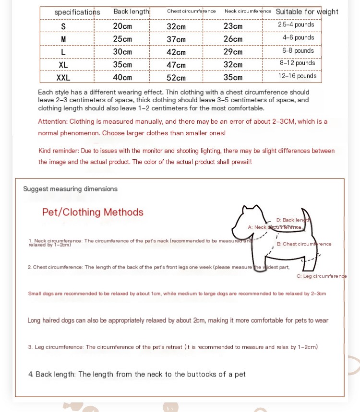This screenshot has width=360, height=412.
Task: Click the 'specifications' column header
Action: tap(77, 12)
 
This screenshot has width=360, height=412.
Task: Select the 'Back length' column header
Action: tap(132, 12)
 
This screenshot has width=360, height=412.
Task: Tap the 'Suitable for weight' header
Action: tap(307, 12)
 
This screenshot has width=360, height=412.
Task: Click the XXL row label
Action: tap(63, 77)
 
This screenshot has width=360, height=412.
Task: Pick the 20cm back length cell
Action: tap(122, 26)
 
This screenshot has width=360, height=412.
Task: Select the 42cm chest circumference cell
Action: tap(176, 52)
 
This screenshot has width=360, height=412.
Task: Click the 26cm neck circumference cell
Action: tap(233, 39)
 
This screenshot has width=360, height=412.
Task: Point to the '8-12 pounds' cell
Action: tap(298, 63)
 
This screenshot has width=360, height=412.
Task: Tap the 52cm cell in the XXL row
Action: tap(176, 78)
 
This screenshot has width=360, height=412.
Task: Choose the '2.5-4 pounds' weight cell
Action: tap(296, 24)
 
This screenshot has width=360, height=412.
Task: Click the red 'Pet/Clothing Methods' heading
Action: tap(93, 212)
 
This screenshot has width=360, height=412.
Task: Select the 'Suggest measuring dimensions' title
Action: tap(70, 189)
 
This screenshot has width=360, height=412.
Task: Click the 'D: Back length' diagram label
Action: tap(293, 220)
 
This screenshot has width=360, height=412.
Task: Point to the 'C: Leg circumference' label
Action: tap(322, 276)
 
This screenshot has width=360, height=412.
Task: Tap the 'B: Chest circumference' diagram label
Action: tap(304, 244)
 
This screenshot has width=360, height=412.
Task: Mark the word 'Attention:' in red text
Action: tap(53, 122)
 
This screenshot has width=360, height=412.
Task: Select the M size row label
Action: tap(63, 39)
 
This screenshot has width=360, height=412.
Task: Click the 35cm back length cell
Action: tap(122, 64)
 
